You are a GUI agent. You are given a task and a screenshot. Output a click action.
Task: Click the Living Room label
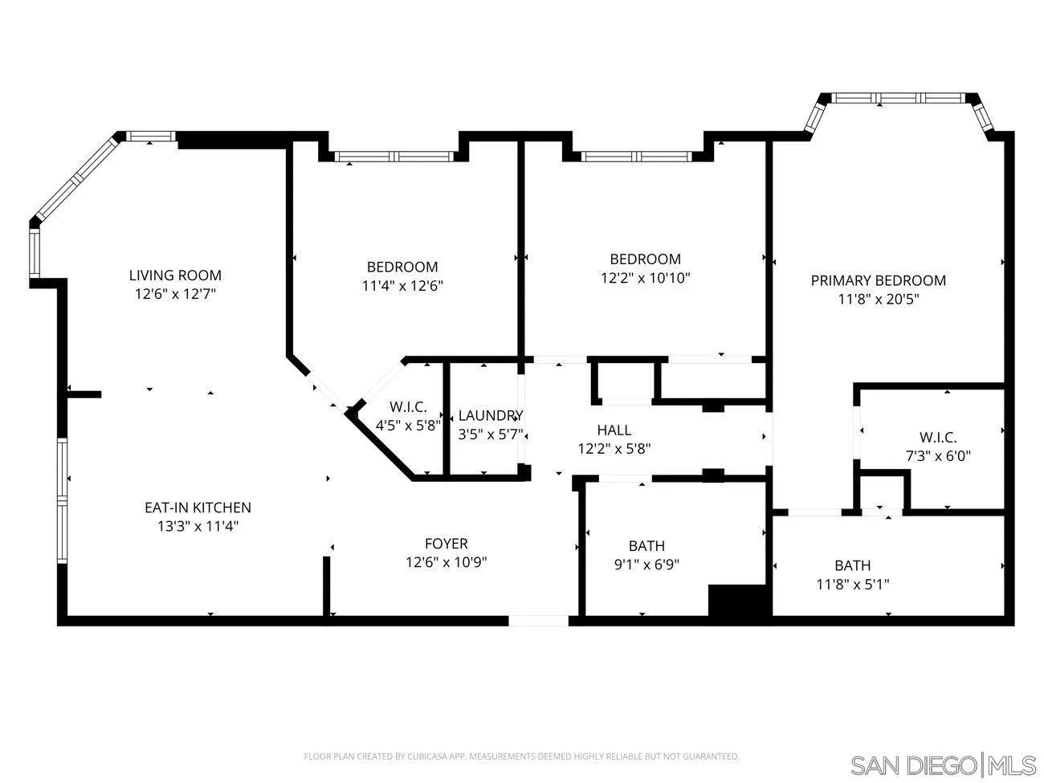click(175, 275)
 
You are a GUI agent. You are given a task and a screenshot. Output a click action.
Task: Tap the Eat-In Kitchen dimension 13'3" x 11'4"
click(198, 527)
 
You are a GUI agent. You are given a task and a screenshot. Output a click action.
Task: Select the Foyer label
click(446, 544)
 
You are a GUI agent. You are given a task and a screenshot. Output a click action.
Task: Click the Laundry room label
click(490, 415)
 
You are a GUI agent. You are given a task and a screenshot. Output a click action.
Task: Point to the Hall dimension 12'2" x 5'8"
click(614, 449)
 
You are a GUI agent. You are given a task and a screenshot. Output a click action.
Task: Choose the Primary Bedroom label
click(878, 280)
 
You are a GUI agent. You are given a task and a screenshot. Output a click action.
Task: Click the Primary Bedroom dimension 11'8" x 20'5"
click(878, 300)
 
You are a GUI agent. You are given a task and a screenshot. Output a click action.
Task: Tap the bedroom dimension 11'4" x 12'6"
click(402, 285)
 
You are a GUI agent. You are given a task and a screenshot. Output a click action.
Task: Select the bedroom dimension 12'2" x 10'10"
click(645, 278)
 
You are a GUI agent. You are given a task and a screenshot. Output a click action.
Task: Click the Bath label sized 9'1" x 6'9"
click(646, 546)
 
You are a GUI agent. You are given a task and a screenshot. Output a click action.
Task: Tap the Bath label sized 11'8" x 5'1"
click(852, 565)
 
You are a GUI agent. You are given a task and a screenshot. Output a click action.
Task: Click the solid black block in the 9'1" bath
click(738, 601)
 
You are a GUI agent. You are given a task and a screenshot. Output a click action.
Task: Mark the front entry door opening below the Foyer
click(538, 620)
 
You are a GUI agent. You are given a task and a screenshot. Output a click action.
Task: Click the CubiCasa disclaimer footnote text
click(521, 756)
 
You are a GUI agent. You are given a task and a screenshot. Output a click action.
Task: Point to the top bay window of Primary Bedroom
click(897, 98)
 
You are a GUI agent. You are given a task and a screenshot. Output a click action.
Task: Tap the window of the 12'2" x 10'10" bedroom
click(637, 156)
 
